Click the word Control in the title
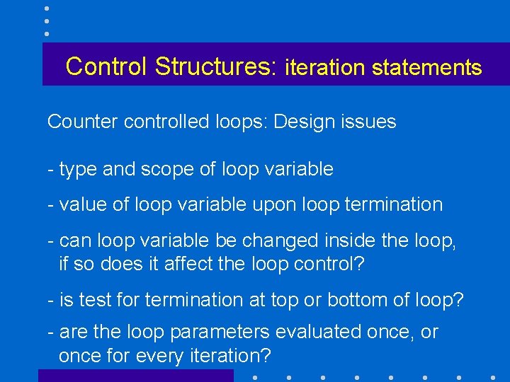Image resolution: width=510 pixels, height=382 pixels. [x=107, y=66]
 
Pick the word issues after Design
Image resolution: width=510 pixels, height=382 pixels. [x=369, y=122]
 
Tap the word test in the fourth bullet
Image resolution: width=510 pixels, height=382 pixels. [x=89, y=300]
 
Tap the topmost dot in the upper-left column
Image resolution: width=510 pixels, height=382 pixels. [x=47, y=8]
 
